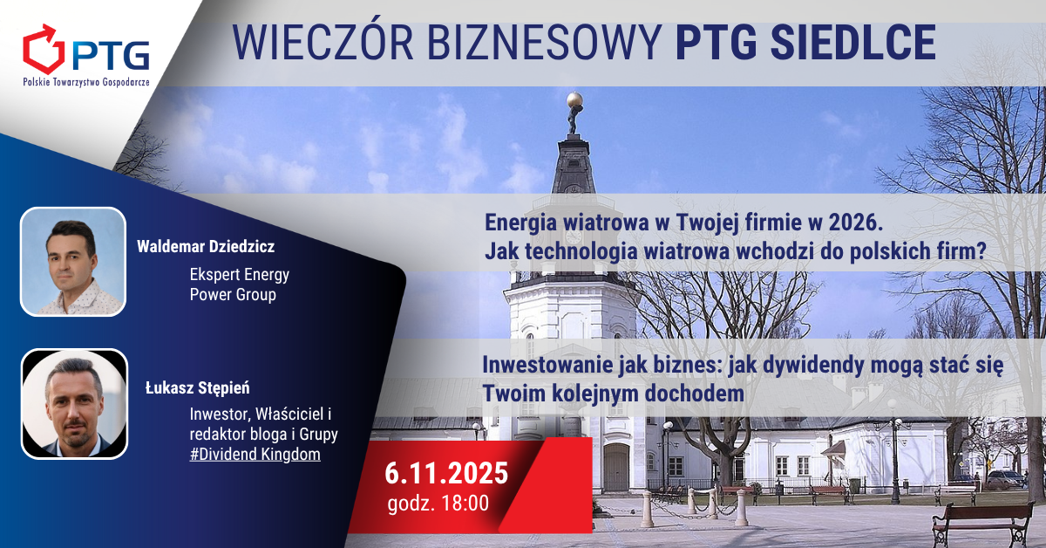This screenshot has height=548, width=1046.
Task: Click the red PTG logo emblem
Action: (x=44, y=50)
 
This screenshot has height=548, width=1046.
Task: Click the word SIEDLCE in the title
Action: (x=853, y=43)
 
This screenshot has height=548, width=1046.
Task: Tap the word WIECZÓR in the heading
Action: (x=323, y=42)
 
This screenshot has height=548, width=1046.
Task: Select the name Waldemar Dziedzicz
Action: (x=206, y=246)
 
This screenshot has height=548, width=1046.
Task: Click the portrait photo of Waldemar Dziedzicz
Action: (x=73, y=262)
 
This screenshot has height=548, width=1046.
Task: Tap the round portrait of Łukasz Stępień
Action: (x=74, y=403)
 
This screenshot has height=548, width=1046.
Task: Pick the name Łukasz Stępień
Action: (x=198, y=388)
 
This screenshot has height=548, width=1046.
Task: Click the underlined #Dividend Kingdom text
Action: (x=255, y=454)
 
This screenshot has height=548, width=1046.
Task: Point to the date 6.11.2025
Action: (x=446, y=473)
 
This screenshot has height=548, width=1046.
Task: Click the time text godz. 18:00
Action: (x=438, y=503)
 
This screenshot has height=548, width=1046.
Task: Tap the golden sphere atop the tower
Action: (x=574, y=99)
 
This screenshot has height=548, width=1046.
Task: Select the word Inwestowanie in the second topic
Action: (x=548, y=365)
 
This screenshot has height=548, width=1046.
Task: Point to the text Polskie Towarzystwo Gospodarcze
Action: (x=86, y=82)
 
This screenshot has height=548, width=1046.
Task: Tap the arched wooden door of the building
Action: (x=616, y=467)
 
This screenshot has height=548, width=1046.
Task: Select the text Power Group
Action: (x=233, y=295)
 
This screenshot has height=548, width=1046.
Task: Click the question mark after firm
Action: (x=981, y=251)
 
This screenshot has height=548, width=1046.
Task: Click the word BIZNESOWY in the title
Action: (x=545, y=43)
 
